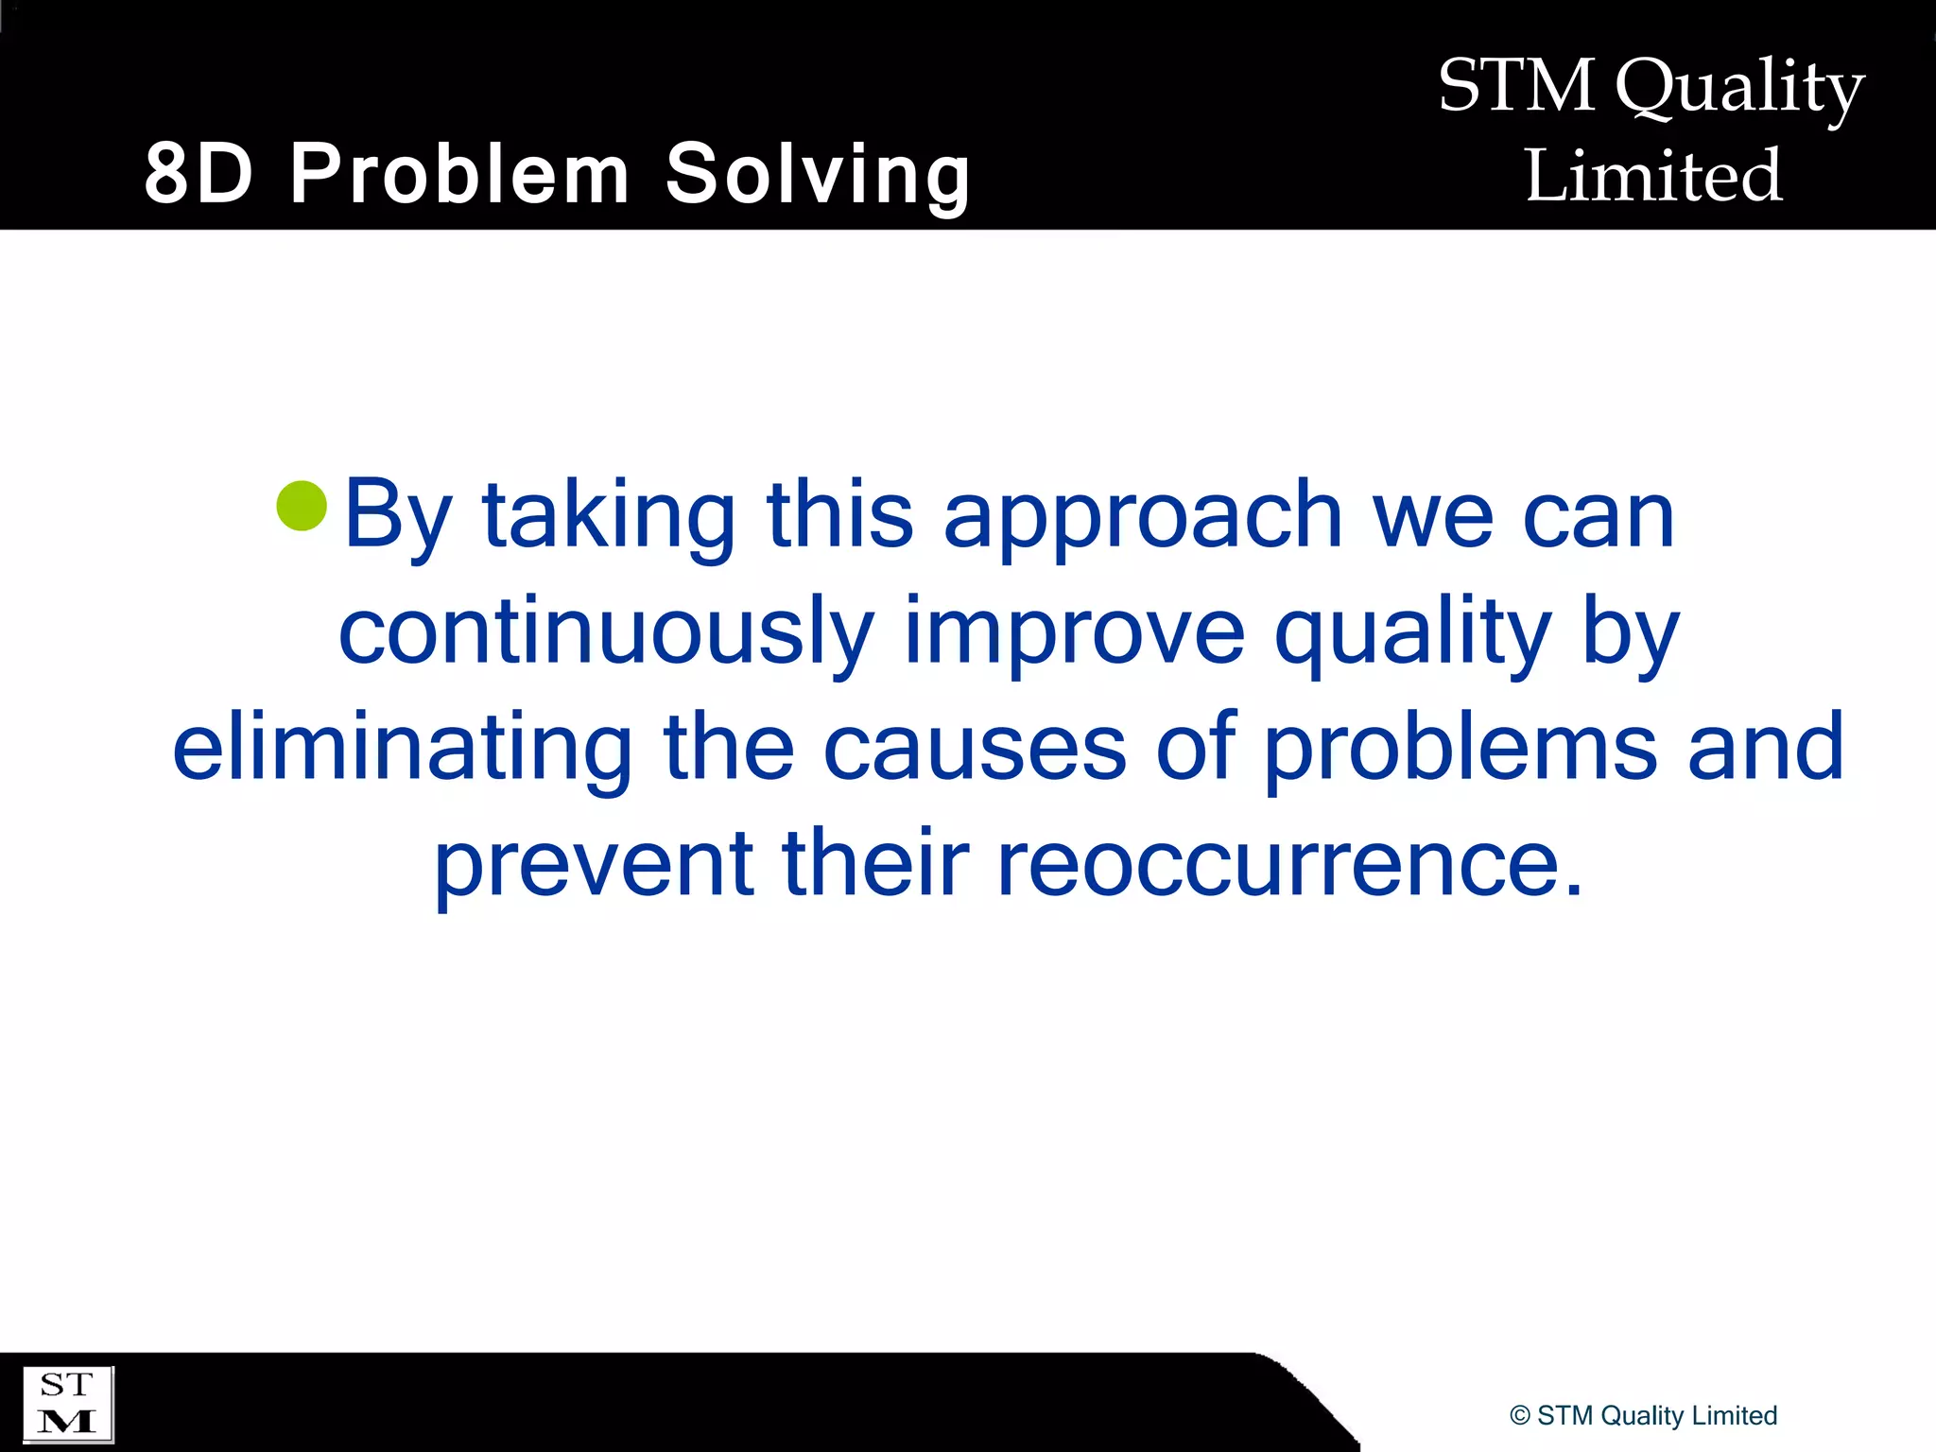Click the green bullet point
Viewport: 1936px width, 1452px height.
[302, 506]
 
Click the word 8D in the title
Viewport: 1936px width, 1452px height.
[199, 174]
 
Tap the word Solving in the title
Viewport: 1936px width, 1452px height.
[818, 174]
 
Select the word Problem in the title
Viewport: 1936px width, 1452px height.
[459, 174]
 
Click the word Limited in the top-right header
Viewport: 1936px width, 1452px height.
[1653, 176]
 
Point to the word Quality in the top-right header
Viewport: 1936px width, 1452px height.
[1739, 87]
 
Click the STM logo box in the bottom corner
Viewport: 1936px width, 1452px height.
[67, 1404]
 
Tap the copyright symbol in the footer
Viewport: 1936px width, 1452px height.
[1520, 1416]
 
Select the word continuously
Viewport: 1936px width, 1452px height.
[606, 631]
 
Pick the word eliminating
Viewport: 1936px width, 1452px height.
[403, 747]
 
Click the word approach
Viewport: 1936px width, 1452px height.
[1143, 515]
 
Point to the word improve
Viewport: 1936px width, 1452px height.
[1075, 631]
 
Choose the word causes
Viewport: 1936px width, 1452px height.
[975, 747]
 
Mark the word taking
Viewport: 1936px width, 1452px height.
[609, 515]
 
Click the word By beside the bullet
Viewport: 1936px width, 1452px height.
[398, 515]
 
